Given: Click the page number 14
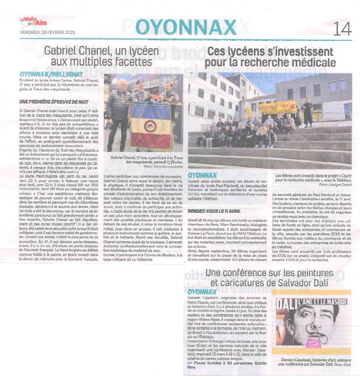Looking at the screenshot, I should (x=342, y=29).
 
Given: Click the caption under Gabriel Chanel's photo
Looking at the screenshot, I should (x=146, y=161).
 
